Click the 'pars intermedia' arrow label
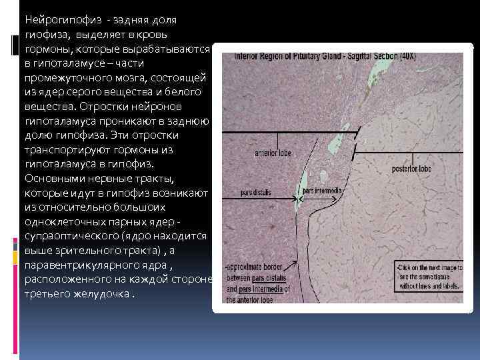[323, 191]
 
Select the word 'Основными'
[51, 179]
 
